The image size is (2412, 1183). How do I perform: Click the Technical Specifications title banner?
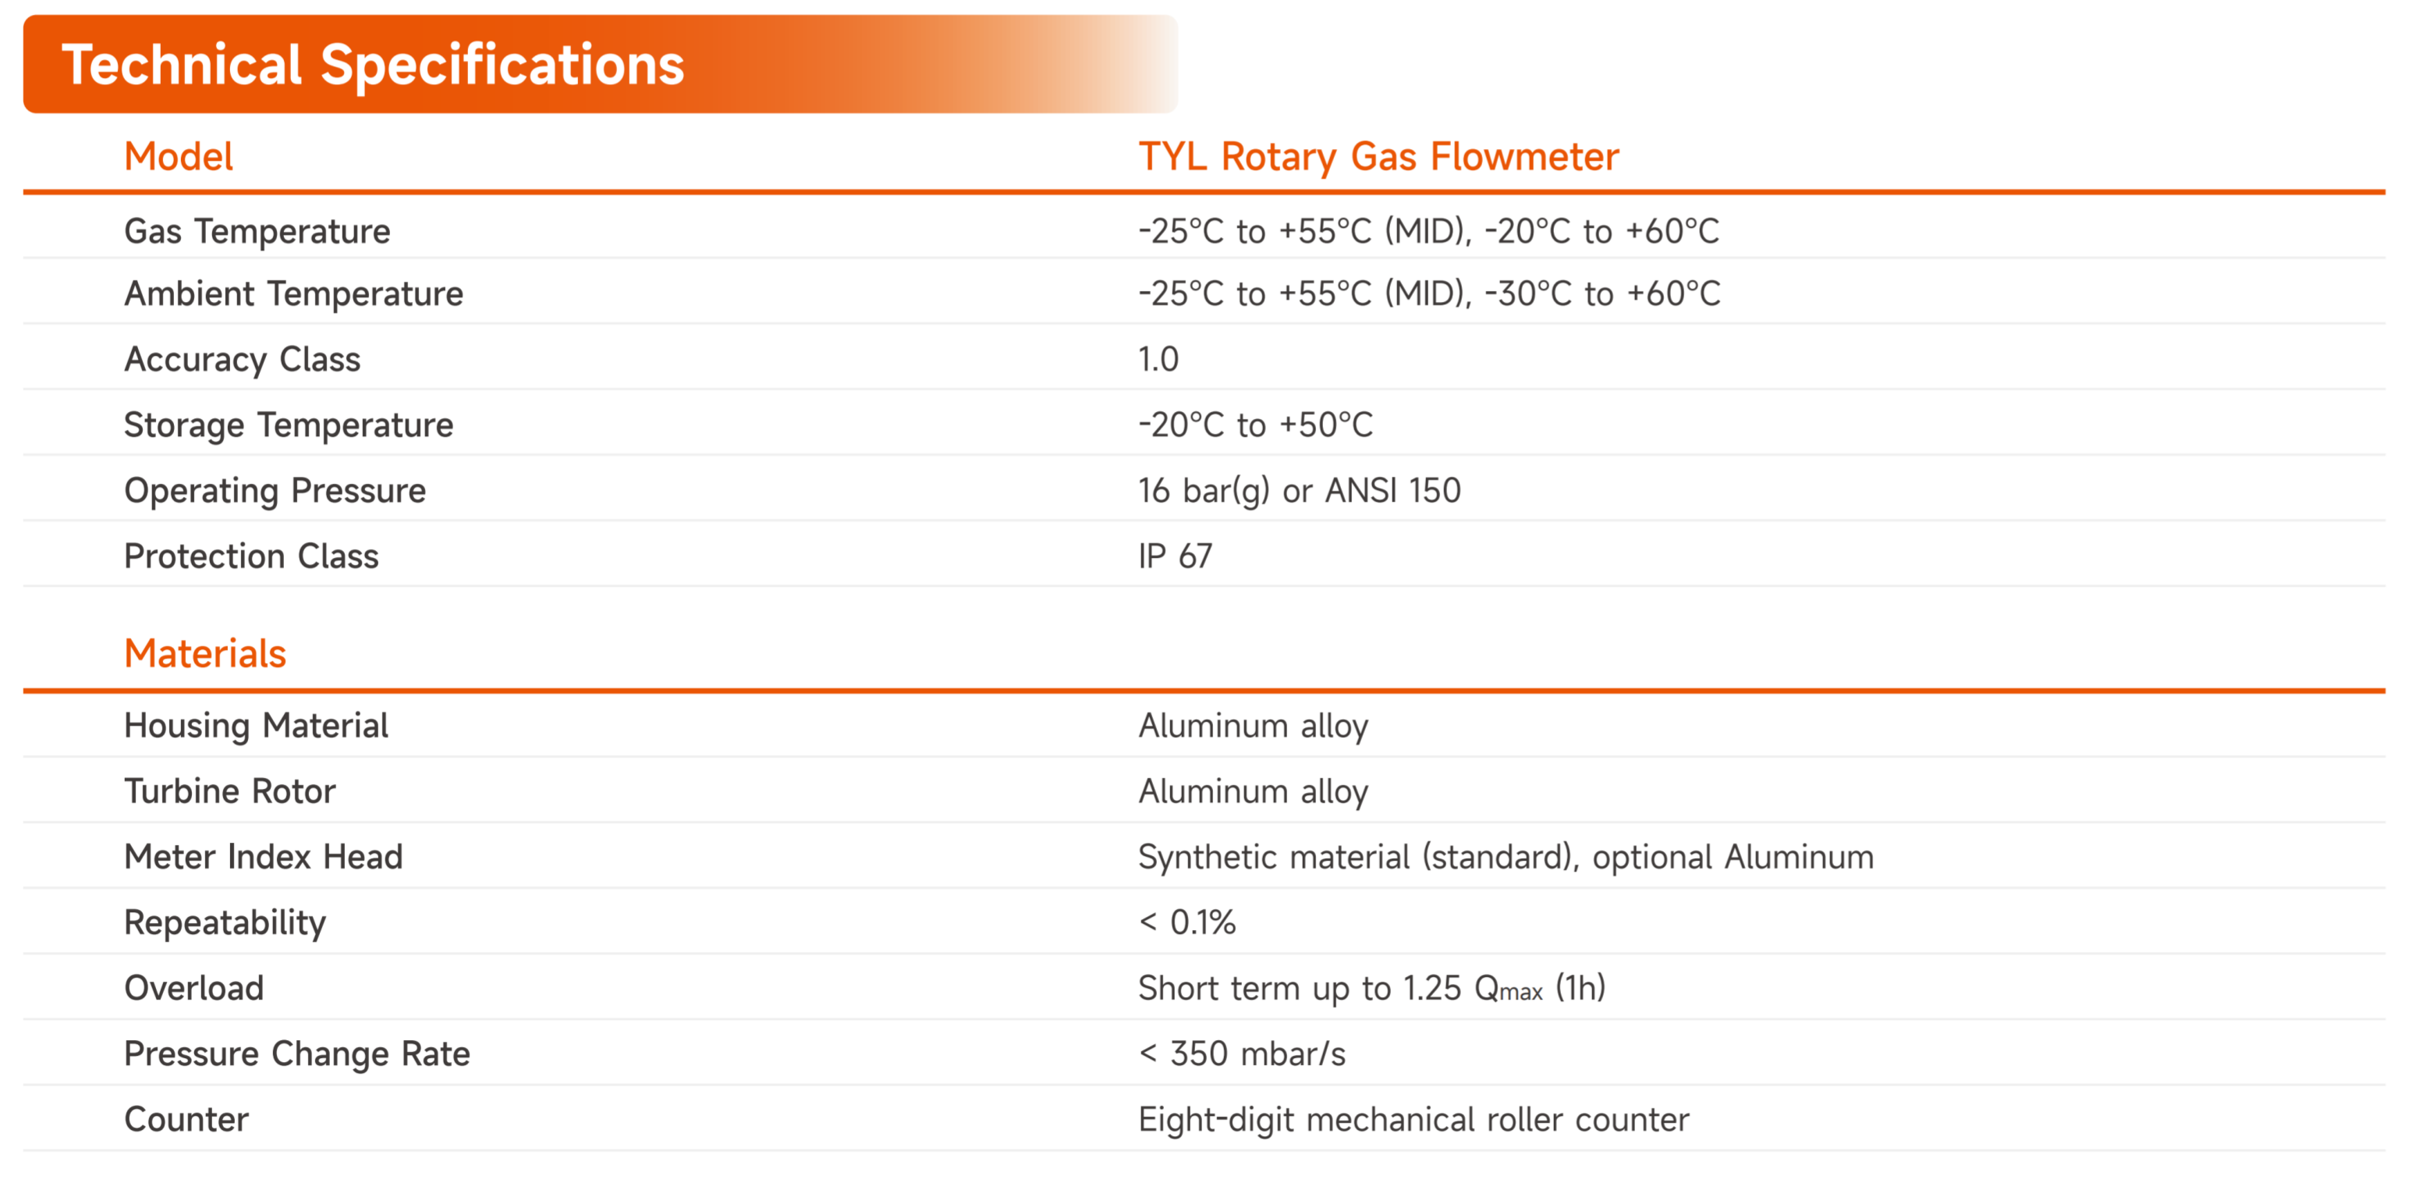click(x=599, y=64)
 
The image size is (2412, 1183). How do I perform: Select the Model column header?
click(x=179, y=156)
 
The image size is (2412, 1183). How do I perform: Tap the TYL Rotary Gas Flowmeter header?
click(x=1378, y=156)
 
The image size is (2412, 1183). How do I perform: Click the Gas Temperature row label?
click(x=257, y=230)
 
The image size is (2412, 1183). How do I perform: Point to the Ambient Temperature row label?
click(x=294, y=294)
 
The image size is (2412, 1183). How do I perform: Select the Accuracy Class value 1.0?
click(x=1158, y=359)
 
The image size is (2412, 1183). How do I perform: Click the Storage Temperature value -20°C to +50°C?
click(x=1256, y=425)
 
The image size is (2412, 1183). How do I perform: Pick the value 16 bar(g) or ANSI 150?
click(x=1300, y=490)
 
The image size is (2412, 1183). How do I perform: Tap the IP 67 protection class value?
click(x=1175, y=556)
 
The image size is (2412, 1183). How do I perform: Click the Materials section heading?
click(x=205, y=653)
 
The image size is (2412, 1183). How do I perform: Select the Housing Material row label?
click(x=257, y=725)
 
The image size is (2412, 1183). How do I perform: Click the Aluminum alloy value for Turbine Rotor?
click(x=1254, y=791)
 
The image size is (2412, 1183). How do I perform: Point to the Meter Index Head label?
click(x=264, y=856)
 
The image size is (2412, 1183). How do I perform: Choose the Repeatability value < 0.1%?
click(x=1187, y=922)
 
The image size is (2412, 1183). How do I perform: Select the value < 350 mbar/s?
click(x=1243, y=1053)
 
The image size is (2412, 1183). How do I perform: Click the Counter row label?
click(x=187, y=1119)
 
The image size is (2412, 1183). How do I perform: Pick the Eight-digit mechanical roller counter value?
click(x=1414, y=1119)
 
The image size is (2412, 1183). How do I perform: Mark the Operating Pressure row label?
click(x=275, y=491)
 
